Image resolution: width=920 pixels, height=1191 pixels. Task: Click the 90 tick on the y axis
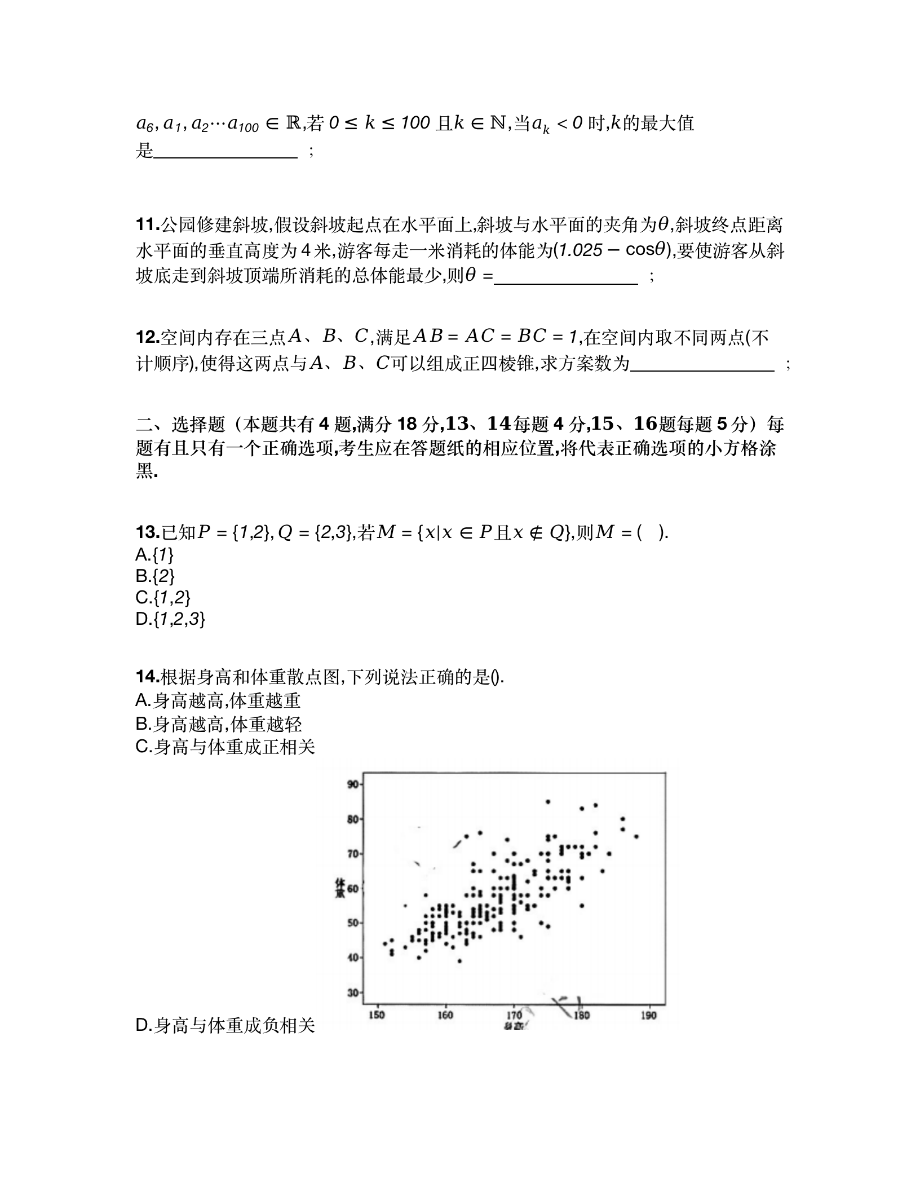tap(353, 784)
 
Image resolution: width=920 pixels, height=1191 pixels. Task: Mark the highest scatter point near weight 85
tap(547, 801)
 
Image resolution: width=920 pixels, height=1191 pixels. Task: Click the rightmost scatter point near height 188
tap(636, 836)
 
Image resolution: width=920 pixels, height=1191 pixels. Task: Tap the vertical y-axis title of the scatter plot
tap(340, 888)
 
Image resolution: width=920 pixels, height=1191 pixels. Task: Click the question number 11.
tap(148, 225)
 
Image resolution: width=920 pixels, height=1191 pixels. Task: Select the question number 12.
tap(148, 337)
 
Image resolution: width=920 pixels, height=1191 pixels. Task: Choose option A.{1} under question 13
tap(154, 555)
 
